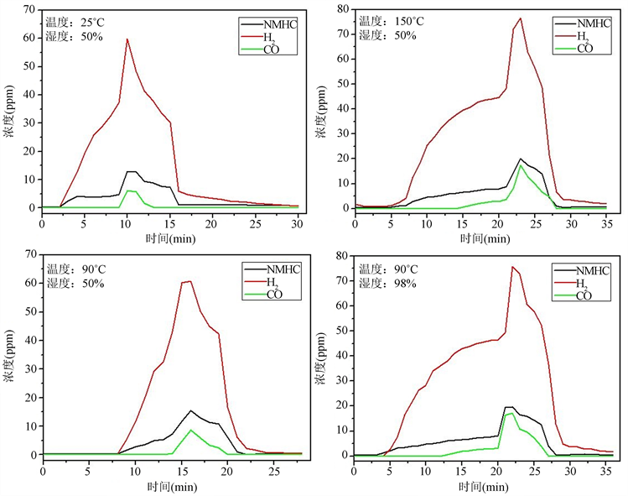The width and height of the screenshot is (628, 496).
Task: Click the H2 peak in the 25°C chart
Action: tap(127, 39)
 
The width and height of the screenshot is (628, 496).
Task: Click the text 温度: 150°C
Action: tap(387, 21)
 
